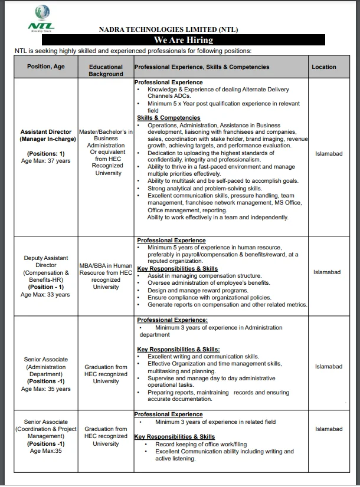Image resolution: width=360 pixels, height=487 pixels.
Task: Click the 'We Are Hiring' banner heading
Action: [184, 40]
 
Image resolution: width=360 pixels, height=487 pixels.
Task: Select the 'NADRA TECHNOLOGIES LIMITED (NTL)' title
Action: [169, 29]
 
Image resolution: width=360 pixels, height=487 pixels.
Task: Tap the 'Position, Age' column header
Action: [46, 67]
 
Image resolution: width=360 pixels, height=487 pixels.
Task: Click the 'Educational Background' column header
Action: [106, 70]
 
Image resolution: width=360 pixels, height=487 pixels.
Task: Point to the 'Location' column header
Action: [324, 67]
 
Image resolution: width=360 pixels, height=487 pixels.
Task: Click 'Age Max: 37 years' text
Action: [45, 160]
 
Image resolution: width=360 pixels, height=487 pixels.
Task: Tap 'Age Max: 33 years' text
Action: [45, 294]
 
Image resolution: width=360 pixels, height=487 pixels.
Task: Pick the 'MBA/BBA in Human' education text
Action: [106, 266]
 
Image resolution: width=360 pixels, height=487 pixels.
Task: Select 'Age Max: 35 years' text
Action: [45, 389]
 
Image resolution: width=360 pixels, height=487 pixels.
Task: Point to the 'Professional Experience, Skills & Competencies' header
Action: [202, 67]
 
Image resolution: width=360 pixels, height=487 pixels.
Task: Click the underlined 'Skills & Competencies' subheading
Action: [169, 118]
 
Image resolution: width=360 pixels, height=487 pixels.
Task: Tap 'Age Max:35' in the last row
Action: [45, 450]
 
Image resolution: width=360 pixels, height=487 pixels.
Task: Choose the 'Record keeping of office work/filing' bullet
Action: [201, 444]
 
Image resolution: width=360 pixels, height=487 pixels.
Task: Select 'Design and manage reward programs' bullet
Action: [198, 290]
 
